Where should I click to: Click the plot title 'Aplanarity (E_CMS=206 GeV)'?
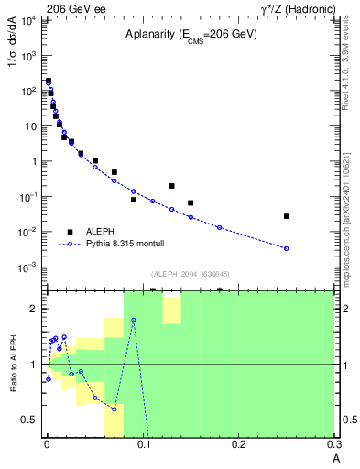(x=191, y=34)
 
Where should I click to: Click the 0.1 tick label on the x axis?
(x=143, y=444)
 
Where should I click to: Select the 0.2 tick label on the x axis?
(x=239, y=444)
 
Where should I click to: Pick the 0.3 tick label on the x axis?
(x=334, y=444)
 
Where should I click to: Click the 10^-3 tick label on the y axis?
(x=27, y=267)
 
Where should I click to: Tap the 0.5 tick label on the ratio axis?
(x=31, y=420)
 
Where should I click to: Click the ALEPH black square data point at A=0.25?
(x=287, y=216)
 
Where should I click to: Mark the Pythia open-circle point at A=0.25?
(x=287, y=248)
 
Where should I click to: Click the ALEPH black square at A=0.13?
(x=171, y=186)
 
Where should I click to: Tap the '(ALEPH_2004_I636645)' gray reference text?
(x=190, y=273)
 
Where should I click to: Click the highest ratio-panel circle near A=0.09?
(x=134, y=320)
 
